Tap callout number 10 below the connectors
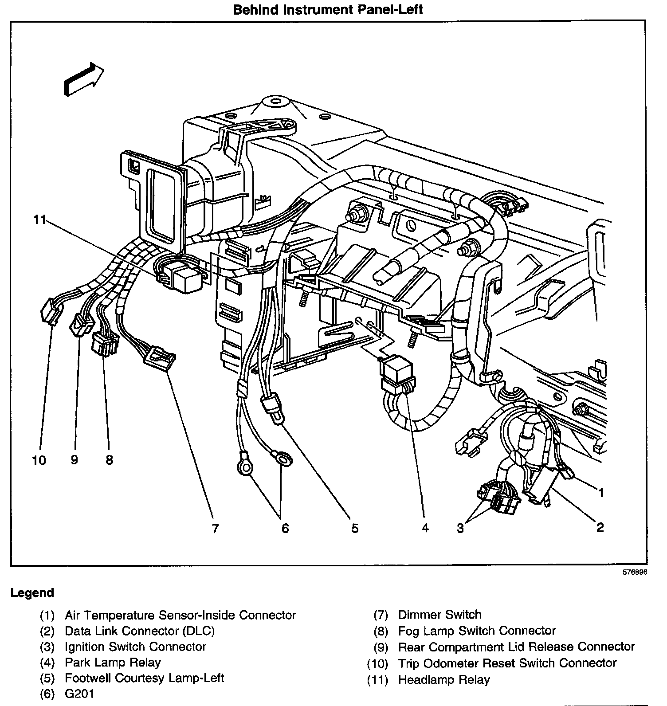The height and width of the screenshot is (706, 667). click(39, 460)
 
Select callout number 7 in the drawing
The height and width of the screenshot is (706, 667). click(215, 528)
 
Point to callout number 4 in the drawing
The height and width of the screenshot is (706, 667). click(425, 528)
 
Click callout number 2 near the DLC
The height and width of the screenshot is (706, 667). click(600, 527)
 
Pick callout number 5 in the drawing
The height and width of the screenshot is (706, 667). click(355, 528)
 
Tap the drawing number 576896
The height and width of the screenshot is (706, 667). click(635, 572)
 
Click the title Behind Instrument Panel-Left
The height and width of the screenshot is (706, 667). click(328, 10)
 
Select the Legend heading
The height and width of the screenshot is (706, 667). click(32, 592)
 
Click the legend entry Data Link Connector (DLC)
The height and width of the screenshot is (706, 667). click(139, 631)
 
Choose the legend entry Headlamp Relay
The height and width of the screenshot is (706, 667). click(443, 679)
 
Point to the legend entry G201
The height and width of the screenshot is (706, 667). click(79, 694)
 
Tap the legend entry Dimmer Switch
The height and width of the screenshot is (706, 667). click(439, 615)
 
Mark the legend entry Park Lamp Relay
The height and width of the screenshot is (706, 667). click(113, 663)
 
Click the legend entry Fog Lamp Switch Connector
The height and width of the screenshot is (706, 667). click(476, 631)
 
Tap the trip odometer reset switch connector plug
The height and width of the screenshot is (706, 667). click(50, 313)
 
